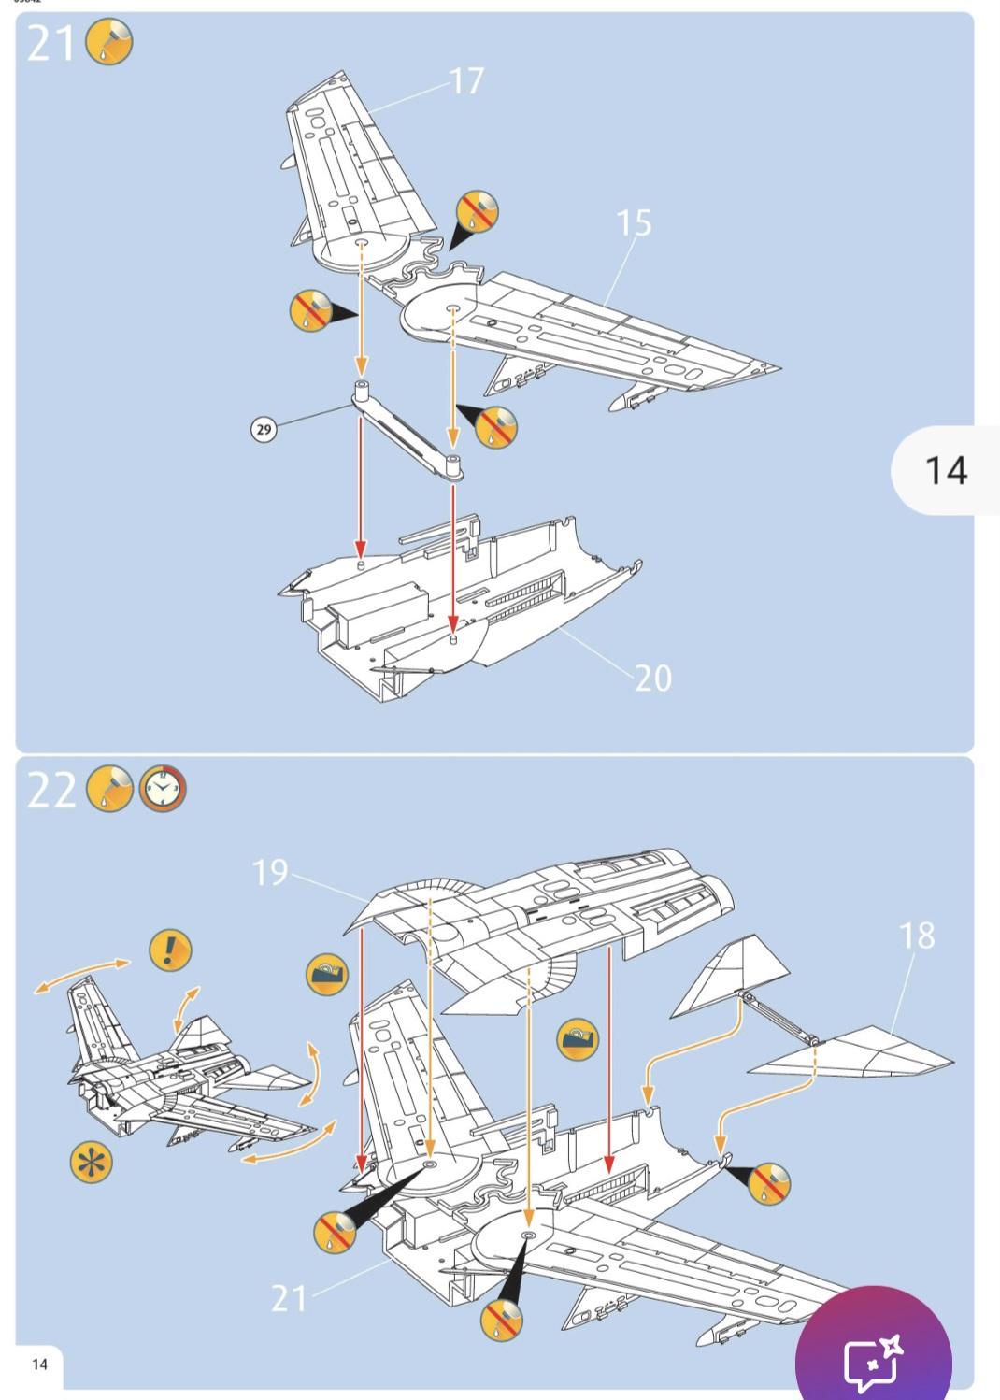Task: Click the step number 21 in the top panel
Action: (x=50, y=44)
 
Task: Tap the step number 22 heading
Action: (x=51, y=791)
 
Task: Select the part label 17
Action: (x=467, y=81)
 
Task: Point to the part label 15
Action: (x=634, y=223)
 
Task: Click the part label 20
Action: (x=653, y=679)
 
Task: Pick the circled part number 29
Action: (x=264, y=430)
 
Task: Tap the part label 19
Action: (x=270, y=873)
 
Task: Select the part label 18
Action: (x=916, y=936)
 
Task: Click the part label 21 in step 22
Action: (x=289, y=1298)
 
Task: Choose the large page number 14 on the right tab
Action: (x=946, y=470)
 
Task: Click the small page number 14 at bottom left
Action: (x=39, y=1364)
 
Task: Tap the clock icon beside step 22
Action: (x=163, y=790)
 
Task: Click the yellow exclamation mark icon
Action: (x=170, y=950)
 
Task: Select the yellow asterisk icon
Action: (x=92, y=1163)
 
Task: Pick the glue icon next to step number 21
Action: (x=109, y=43)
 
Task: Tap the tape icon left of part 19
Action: (x=327, y=975)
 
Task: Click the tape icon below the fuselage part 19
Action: (x=578, y=1038)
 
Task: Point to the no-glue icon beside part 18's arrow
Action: (x=768, y=1184)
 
